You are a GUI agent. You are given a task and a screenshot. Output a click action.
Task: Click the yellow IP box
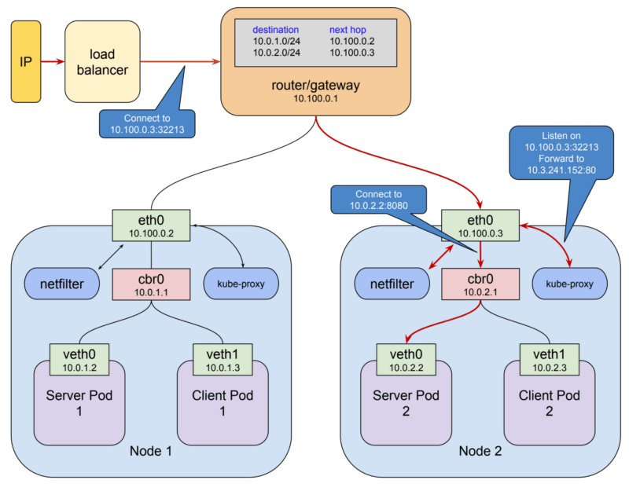coord(26,62)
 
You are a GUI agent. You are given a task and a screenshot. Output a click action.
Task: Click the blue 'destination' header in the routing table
coord(275,30)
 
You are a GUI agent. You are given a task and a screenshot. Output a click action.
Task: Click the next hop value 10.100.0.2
coord(351,41)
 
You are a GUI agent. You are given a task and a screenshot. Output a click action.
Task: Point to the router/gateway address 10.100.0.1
coord(315,99)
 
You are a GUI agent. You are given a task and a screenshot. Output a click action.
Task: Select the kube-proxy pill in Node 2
coord(570,284)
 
